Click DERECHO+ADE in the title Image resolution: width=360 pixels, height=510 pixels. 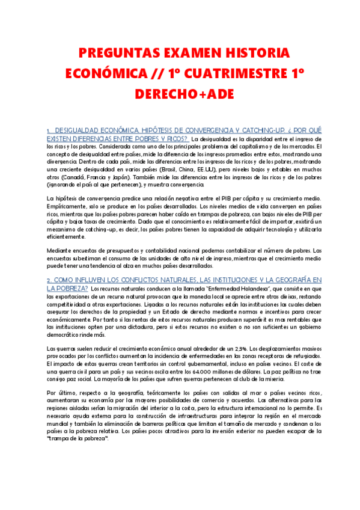[180, 96]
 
